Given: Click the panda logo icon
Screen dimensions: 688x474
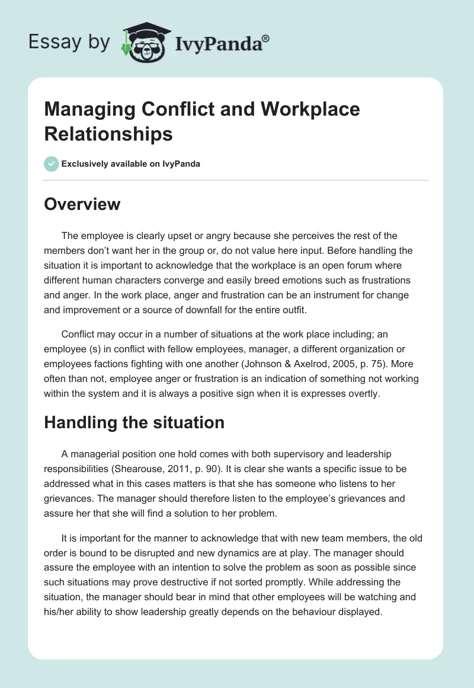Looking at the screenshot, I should (145, 40).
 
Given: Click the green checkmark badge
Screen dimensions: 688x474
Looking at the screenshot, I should (52, 164).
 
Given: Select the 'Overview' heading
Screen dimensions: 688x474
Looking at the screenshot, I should (82, 204).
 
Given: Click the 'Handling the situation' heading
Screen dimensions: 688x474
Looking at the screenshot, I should (134, 422).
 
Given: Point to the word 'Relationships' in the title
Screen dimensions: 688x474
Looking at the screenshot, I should (108, 134).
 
